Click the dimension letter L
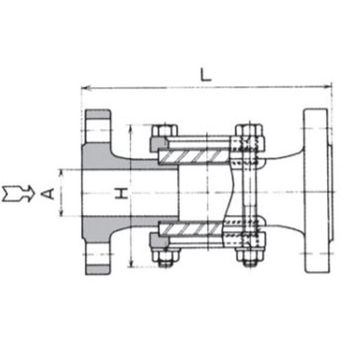click(x=205, y=74)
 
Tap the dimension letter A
click(x=48, y=194)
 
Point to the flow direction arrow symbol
click(x=19, y=194)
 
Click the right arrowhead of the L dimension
click(x=327, y=86)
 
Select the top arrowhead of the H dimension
click(x=131, y=129)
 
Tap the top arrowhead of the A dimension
click(x=61, y=174)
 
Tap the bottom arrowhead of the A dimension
click(x=61, y=211)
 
